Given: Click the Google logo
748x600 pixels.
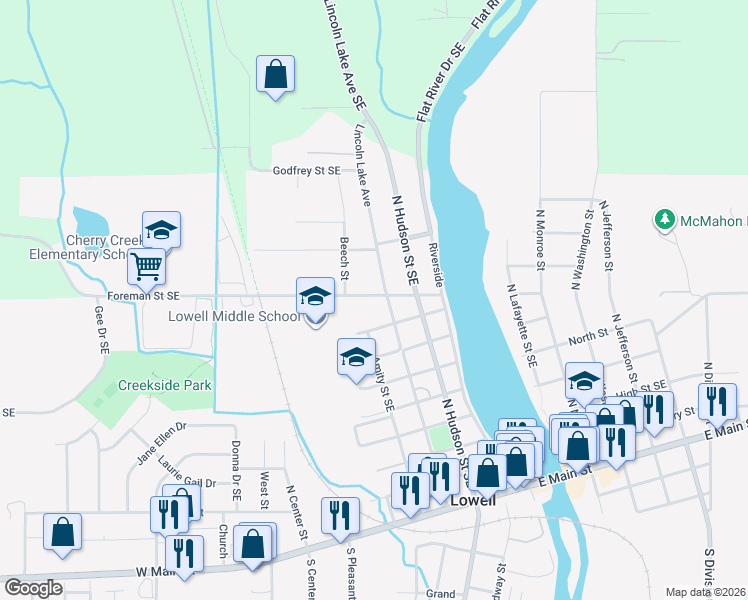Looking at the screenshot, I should point(33,588).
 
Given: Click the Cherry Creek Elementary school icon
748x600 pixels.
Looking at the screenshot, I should point(161,230).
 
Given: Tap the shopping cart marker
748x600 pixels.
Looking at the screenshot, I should point(147,266).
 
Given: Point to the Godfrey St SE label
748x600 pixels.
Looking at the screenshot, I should point(307,171).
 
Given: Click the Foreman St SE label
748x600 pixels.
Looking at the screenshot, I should point(143,296).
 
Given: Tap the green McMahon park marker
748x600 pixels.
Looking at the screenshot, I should point(662,219).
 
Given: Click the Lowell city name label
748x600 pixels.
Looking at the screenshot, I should point(472,500).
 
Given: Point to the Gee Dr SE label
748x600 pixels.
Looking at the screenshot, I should point(101,330).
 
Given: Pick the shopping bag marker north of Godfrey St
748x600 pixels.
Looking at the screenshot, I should point(275,75).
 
